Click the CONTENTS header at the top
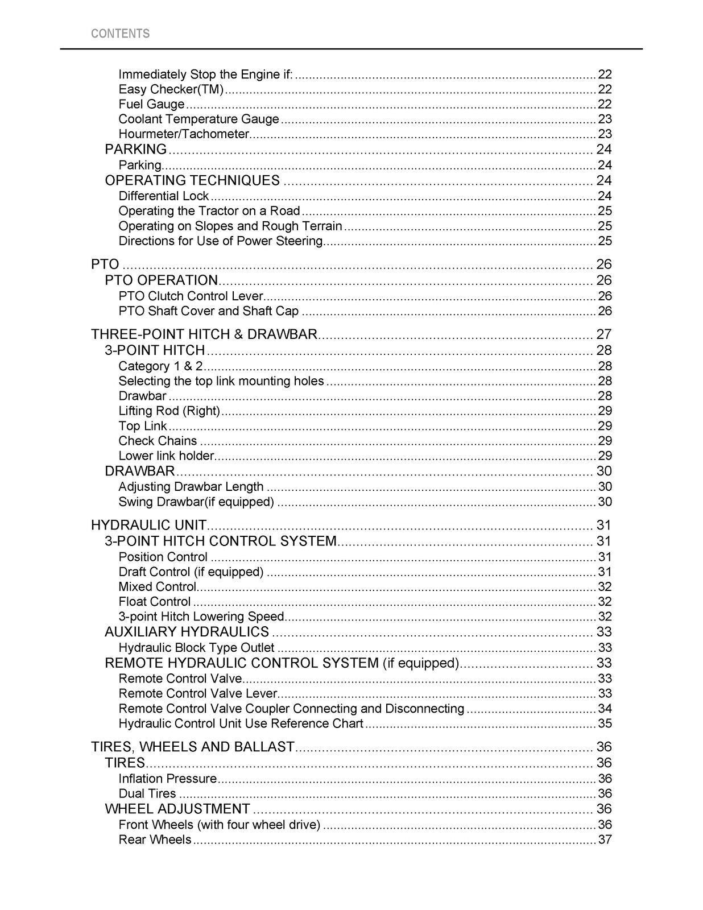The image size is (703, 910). (120, 34)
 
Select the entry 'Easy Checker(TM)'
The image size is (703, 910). (171, 89)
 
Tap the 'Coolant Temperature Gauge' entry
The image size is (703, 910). (199, 119)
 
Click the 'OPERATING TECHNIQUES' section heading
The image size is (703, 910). (192, 181)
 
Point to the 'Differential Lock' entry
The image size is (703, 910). (164, 196)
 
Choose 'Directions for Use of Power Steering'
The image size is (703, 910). (221, 241)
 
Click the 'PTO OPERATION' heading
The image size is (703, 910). (162, 280)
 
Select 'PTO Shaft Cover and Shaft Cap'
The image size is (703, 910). (208, 311)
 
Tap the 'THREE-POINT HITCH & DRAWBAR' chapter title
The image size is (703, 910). (204, 334)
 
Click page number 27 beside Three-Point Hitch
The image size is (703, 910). (603, 334)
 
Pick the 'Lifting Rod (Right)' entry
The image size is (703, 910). (169, 411)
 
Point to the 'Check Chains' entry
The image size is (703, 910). (158, 441)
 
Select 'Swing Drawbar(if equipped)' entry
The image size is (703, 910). (196, 502)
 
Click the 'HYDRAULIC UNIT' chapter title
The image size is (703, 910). (148, 526)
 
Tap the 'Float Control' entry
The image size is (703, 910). (154, 602)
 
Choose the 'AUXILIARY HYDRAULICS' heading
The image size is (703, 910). (187, 632)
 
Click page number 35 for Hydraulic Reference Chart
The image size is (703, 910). (605, 724)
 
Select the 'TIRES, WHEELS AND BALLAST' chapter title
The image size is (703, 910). (193, 747)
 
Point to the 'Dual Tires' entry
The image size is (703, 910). (147, 794)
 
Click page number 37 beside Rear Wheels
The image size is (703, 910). (605, 840)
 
